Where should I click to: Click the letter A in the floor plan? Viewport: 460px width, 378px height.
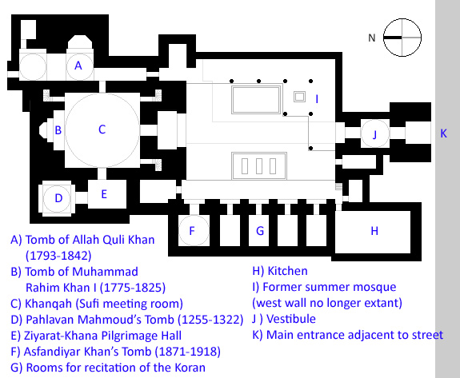point(78,66)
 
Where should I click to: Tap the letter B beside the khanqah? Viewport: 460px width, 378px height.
point(58,130)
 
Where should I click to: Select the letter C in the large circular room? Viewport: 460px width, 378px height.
point(102,129)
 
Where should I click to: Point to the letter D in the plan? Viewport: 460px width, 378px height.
point(58,198)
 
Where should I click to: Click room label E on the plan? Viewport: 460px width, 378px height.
point(104,194)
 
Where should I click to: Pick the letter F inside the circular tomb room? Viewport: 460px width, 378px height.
point(192,231)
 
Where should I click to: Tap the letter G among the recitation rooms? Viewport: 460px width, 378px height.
point(260,231)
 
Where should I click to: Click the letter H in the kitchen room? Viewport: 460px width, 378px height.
point(374,231)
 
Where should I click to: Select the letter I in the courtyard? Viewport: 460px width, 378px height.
point(317,99)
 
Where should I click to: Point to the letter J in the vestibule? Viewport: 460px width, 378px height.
point(374,135)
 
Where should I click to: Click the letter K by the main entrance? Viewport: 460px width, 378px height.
point(443,133)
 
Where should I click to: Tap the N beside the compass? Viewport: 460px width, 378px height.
point(372,38)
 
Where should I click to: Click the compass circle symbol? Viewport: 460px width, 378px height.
point(402,38)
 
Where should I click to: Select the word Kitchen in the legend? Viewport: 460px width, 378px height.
point(287,271)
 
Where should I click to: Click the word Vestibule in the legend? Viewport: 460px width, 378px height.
point(291,319)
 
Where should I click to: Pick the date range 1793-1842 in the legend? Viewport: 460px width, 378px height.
point(58,256)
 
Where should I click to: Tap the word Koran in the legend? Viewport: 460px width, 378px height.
point(190,368)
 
